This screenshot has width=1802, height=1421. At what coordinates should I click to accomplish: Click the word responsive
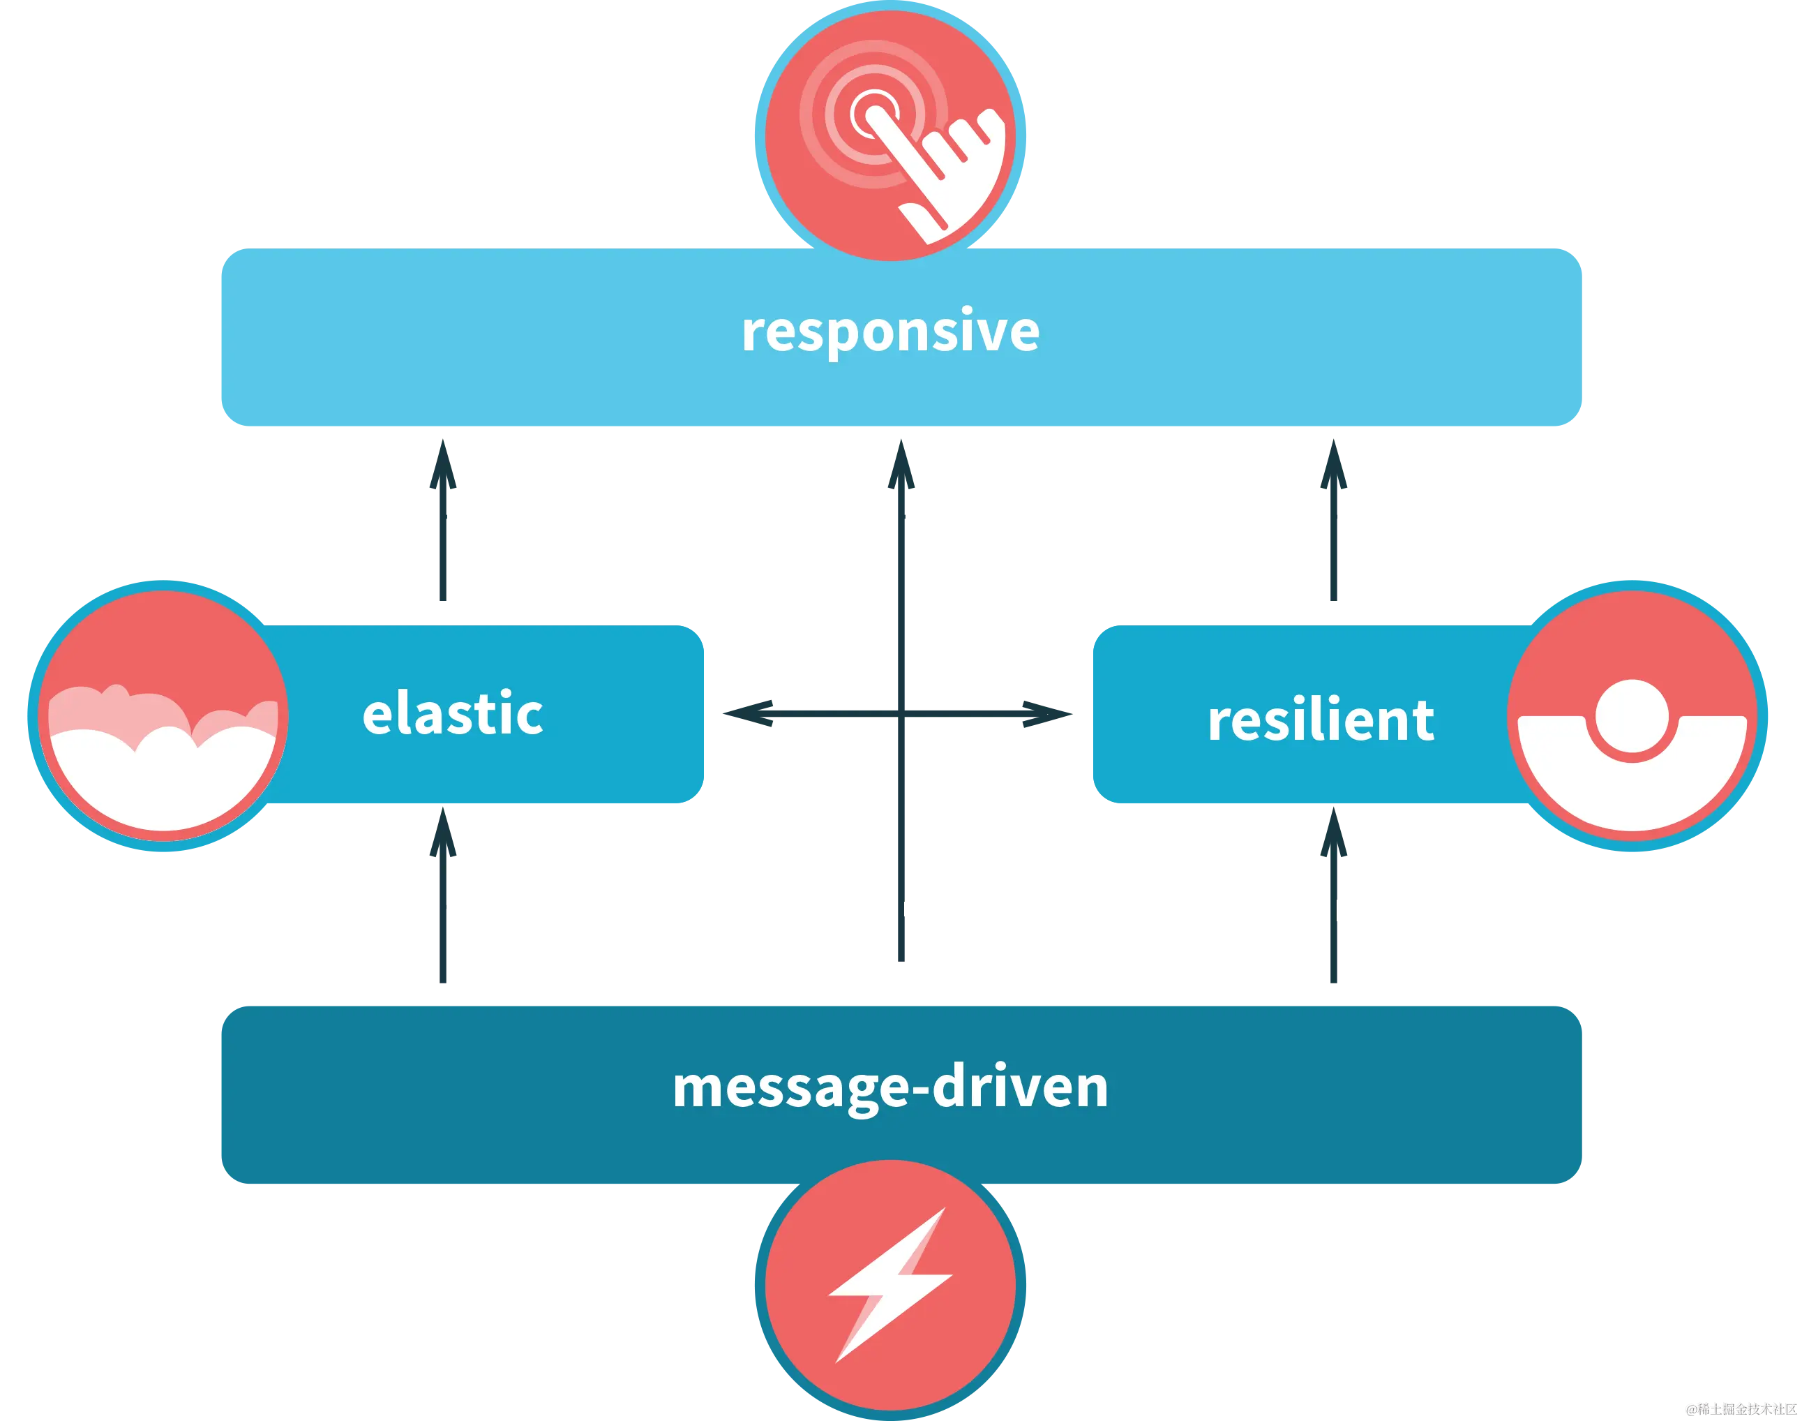(x=889, y=331)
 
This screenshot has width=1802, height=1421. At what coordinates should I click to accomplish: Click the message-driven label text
(x=889, y=1087)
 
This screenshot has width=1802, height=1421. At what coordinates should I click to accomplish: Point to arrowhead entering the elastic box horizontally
(x=744, y=714)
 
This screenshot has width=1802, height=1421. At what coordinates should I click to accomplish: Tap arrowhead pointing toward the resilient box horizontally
(x=1049, y=714)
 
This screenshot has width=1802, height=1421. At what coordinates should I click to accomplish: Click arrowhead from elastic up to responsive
(x=441, y=466)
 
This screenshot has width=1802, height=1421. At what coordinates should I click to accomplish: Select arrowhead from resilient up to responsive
(x=1333, y=466)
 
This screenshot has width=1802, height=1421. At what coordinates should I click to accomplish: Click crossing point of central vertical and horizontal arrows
(x=901, y=714)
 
